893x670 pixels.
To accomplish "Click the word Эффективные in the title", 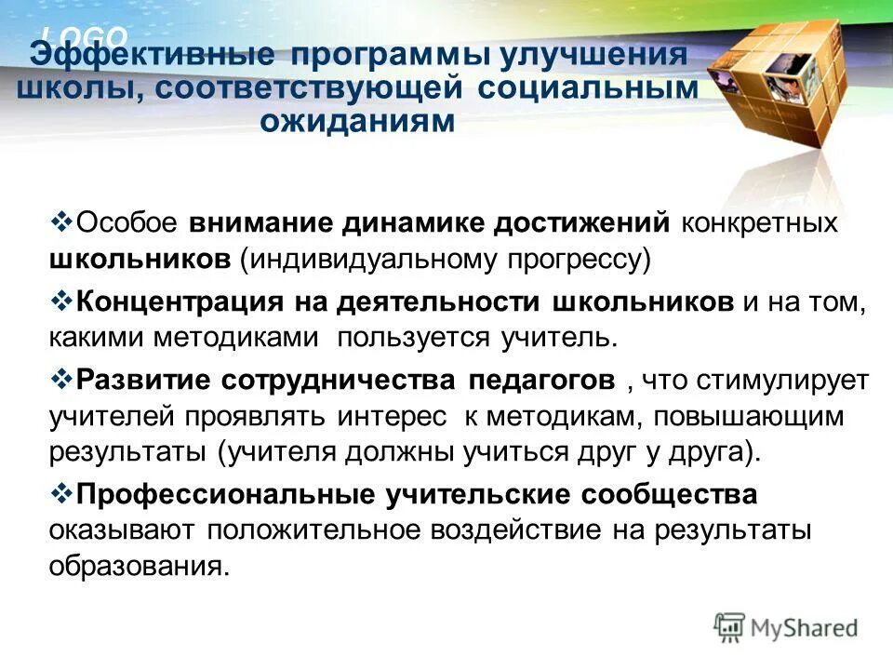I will (x=153, y=55).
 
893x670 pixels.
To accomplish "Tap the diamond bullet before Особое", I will (x=60, y=222).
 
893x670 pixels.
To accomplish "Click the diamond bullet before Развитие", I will (x=60, y=378).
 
